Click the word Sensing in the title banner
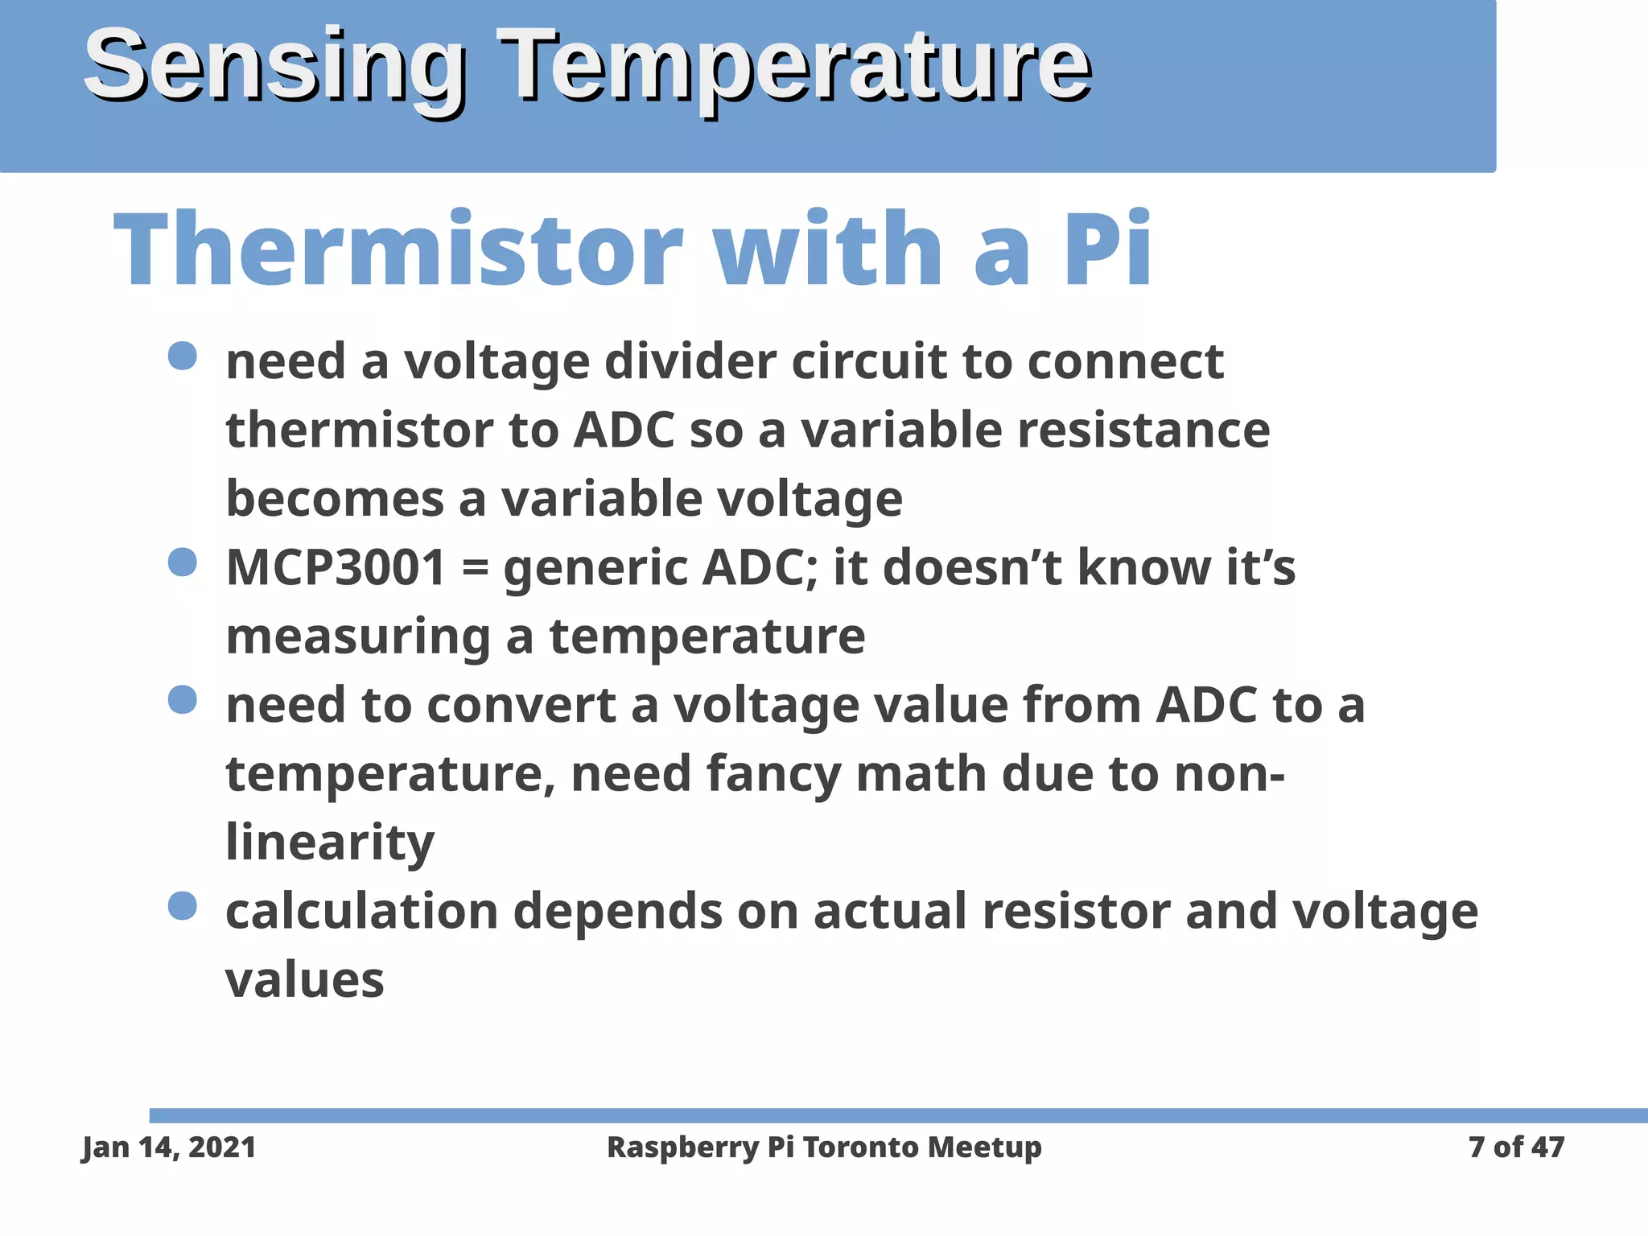[274, 66]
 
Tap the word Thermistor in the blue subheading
[398, 249]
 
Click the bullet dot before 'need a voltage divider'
[183, 356]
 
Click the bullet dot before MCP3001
[183, 562]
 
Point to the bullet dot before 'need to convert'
[183, 699]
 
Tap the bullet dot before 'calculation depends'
[183, 906]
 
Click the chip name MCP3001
[336, 567]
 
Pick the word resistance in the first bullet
[1143, 430]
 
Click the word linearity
[329, 843]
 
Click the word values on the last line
[304, 980]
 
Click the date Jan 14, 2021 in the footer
[169, 1147]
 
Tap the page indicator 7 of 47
[1516, 1147]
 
